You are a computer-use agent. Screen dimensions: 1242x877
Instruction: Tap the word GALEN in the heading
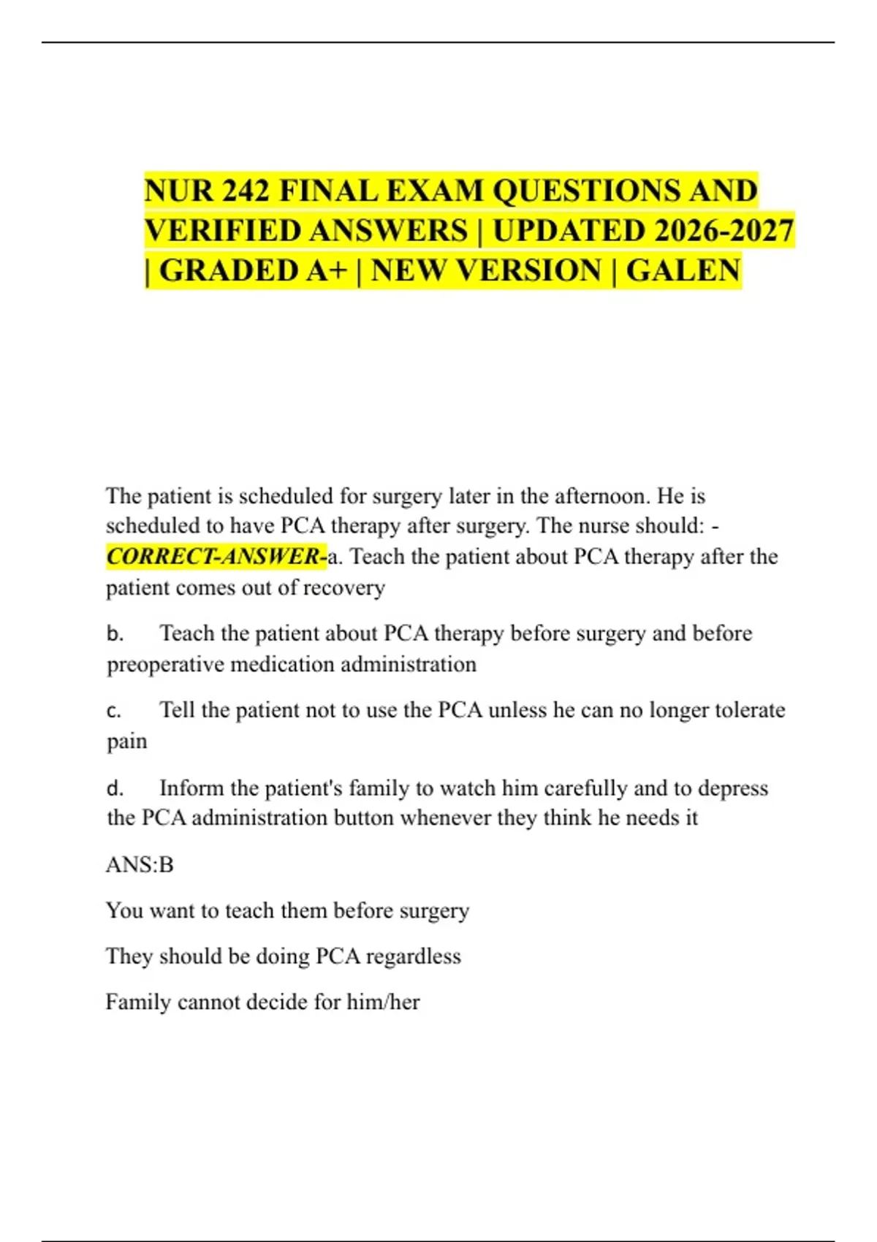tap(683, 271)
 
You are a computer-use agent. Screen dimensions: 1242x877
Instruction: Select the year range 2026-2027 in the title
tap(717, 232)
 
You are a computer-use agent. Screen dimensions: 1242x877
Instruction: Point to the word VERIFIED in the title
tap(223, 232)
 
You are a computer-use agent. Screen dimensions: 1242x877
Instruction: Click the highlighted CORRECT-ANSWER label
tap(216, 557)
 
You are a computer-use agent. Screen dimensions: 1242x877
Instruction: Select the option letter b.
tap(115, 633)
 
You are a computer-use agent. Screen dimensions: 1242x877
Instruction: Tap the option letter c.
tap(114, 710)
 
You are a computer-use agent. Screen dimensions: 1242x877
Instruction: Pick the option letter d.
tap(115, 788)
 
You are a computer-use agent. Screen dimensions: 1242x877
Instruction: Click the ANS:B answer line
tap(140, 865)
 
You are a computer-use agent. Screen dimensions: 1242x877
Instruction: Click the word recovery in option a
tap(343, 588)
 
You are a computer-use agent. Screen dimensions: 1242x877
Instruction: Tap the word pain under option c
tap(126, 742)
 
